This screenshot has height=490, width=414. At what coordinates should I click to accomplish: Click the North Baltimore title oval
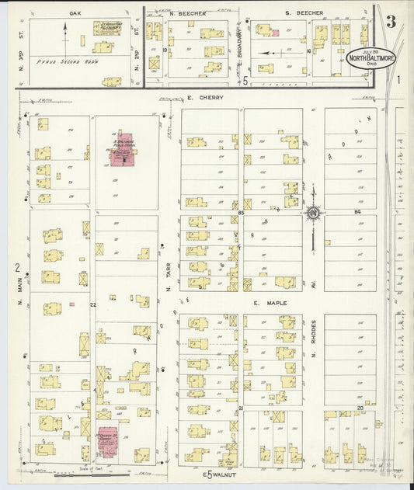pyautogui.click(x=371, y=58)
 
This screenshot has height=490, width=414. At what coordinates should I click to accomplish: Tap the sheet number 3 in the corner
pyautogui.click(x=391, y=22)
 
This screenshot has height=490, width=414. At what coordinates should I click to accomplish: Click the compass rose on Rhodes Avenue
pyautogui.click(x=313, y=212)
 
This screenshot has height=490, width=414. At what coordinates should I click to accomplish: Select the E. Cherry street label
pyautogui.click(x=205, y=98)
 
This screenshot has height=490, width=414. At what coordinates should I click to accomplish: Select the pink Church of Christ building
pyautogui.click(x=106, y=439)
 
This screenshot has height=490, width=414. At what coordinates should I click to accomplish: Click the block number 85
pyautogui.click(x=242, y=211)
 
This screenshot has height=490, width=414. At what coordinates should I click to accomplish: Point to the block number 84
pyautogui.click(x=357, y=211)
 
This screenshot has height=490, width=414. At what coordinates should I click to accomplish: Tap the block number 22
pyautogui.click(x=92, y=304)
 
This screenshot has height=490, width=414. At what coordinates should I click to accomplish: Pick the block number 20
pyautogui.click(x=360, y=407)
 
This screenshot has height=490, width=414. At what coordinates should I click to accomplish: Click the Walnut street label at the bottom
pyautogui.click(x=214, y=474)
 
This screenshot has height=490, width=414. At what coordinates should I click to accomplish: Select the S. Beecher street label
pyautogui.click(x=304, y=13)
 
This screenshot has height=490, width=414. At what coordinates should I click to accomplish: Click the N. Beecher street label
pyautogui.click(x=187, y=13)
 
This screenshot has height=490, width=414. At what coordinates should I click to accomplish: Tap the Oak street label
pyautogui.click(x=75, y=13)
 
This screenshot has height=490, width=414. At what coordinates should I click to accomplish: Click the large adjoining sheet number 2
pyautogui.click(x=16, y=268)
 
